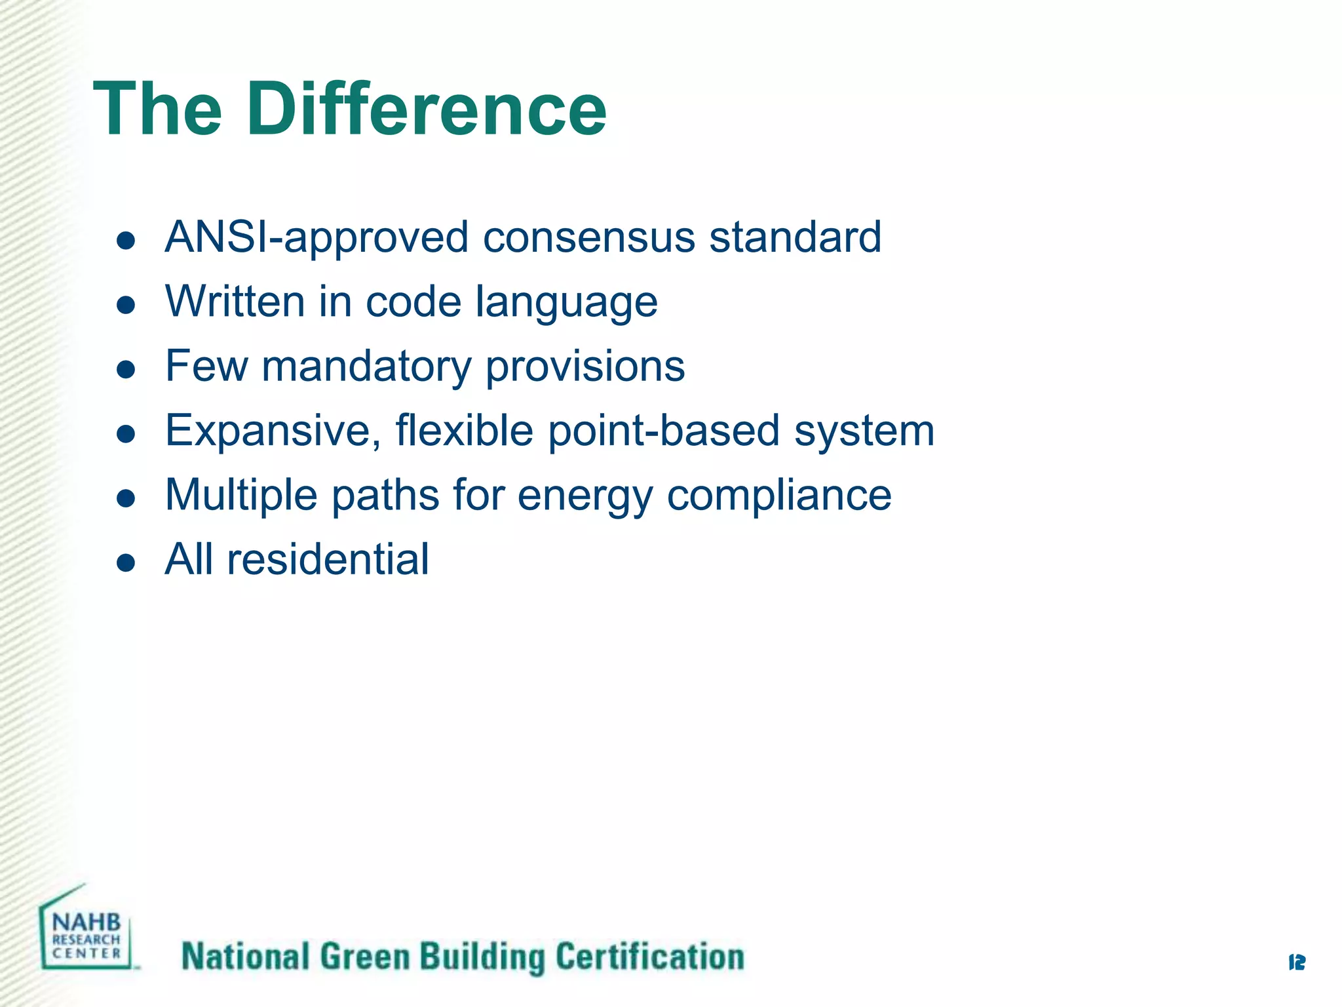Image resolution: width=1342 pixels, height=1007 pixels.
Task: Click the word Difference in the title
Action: [x=426, y=109]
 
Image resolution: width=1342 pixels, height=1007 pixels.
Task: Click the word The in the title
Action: [x=158, y=109]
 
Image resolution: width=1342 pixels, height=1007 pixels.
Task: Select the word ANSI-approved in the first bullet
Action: [x=316, y=237]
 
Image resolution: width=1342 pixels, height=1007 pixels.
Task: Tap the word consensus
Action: [x=588, y=237]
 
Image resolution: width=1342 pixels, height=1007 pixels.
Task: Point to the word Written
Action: [x=235, y=302]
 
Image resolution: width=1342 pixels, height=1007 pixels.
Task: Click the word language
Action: [x=566, y=303]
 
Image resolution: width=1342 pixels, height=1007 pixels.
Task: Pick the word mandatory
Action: [x=366, y=366]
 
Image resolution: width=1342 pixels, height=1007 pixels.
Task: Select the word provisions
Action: [x=585, y=366]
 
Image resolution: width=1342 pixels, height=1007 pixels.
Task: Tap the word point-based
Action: [x=663, y=431]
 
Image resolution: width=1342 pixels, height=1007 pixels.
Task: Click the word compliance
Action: [x=778, y=495]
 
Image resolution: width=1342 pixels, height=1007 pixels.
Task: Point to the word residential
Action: [x=328, y=559]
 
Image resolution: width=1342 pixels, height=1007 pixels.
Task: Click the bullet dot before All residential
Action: [x=125, y=563]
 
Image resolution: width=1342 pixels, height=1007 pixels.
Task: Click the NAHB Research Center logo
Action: [x=86, y=930]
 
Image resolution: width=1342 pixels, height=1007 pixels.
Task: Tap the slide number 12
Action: [x=1296, y=962]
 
